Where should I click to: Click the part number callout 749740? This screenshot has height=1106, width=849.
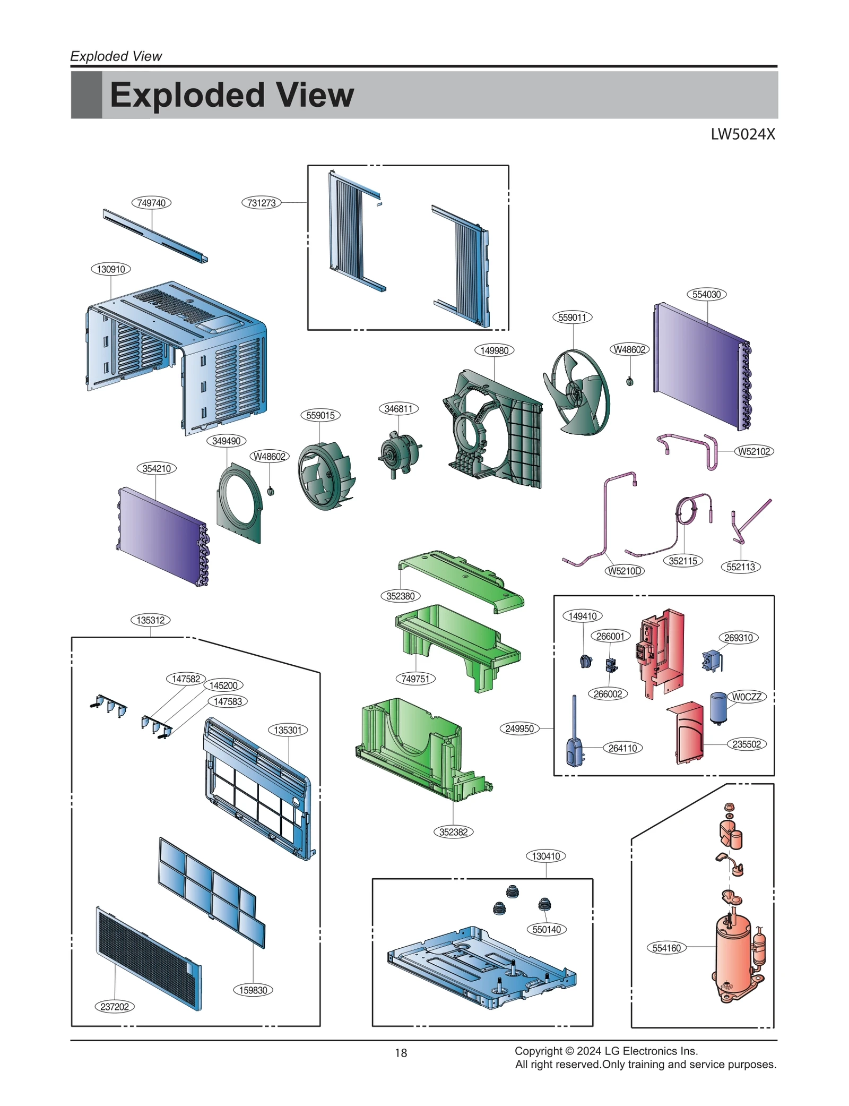click(x=151, y=203)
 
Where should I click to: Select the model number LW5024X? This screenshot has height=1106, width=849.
click(x=742, y=134)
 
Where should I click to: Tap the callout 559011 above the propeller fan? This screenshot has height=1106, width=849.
click(x=572, y=318)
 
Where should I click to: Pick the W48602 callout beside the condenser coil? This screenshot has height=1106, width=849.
click(x=629, y=349)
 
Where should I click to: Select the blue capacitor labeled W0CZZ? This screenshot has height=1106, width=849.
click(x=718, y=708)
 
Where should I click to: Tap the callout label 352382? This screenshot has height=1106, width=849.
click(x=453, y=832)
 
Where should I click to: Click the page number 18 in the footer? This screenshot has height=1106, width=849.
click(x=401, y=1053)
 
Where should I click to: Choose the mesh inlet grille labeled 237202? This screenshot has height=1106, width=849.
click(x=149, y=958)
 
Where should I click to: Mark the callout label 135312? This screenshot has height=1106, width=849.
click(x=151, y=620)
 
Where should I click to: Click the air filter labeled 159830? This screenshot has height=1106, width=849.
click(x=212, y=892)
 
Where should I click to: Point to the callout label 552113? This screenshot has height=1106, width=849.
click(x=740, y=567)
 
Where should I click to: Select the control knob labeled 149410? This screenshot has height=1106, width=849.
click(x=586, y=662)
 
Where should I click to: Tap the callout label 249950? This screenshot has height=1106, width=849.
click(x=519, y=729)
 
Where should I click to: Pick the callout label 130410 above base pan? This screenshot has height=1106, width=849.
click(x=545, y=856)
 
